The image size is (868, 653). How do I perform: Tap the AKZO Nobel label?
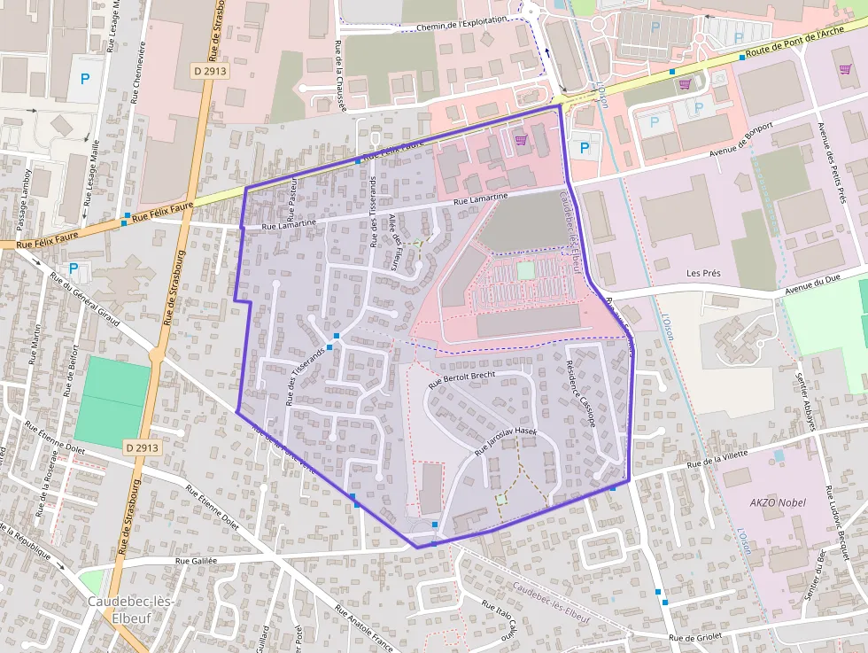point(778,502)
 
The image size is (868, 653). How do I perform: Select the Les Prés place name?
point(705,273)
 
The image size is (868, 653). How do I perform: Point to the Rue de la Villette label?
point(717,458)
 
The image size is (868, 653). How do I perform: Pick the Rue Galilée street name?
point(196,560)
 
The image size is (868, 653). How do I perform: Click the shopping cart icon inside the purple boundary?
point(521,139)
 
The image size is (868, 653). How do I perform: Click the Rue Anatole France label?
point(363,628)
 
